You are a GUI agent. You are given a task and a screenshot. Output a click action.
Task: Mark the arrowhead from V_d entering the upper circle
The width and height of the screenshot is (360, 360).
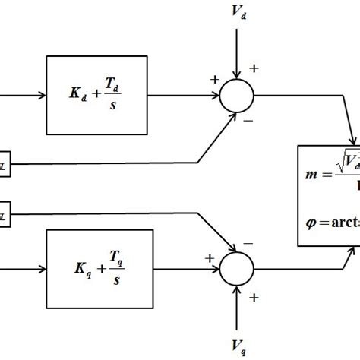point(238,76)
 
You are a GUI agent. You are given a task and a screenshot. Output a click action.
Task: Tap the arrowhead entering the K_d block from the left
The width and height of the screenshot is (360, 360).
point(42,96)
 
